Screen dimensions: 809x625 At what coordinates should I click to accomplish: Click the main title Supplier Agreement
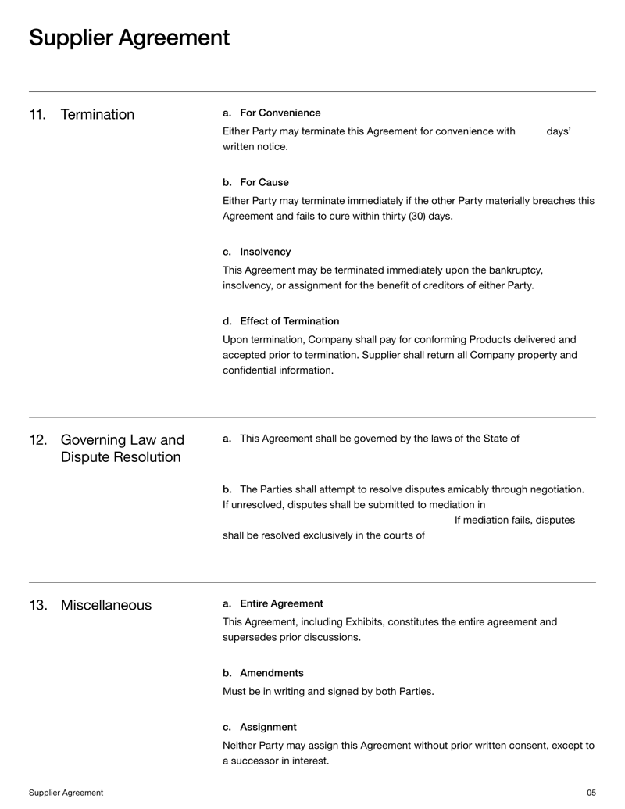pos(129,38)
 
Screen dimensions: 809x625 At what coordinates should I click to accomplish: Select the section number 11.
pos(37,115)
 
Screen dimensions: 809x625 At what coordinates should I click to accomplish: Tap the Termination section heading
pos(97,115)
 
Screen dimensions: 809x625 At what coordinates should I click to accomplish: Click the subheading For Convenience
pos(280,113)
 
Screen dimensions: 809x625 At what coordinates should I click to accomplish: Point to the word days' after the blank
pos(558,131)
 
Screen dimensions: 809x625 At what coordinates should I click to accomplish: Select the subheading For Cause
pos(264,182)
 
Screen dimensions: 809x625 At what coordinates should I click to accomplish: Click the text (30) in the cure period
pos(406,216)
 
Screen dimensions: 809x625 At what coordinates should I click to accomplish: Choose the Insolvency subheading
pos(265,252)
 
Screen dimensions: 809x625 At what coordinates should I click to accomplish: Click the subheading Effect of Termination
pos(289,320)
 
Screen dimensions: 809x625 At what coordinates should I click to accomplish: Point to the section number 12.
pos(37,440)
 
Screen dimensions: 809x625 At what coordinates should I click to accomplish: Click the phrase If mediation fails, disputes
pos(514,520)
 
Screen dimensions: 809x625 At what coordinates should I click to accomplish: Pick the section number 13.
pos(37,605)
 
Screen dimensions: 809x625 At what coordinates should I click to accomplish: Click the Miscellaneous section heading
pos(105,605)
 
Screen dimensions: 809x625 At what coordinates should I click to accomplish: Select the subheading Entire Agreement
pos(281,603)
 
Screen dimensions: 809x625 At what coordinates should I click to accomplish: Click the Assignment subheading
pos(268,726)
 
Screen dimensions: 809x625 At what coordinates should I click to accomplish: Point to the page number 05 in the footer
pos(591,793)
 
